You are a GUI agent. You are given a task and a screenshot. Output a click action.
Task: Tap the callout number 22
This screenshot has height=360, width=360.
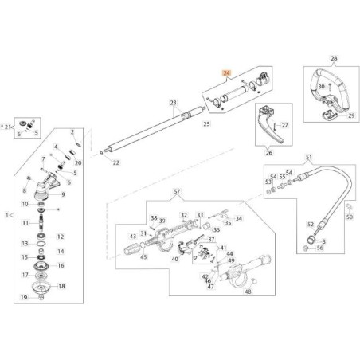click(x=115, y=162)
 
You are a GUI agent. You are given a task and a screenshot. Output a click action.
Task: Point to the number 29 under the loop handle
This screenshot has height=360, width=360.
click(x=348, y=116)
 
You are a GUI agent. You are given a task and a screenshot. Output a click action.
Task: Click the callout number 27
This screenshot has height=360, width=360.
click(x=287, y=125)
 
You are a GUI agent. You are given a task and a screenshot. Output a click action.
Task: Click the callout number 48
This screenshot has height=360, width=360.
click(x=248, y=292)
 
